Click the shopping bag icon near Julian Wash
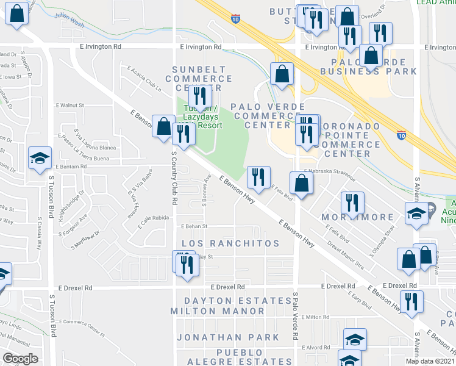pyautogui.click(x=17, y=14)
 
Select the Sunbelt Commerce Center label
pyautogui.click(x=198, y=78)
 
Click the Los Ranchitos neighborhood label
pyautogui.click(x=231, y=243)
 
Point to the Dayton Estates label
pyautogui.click(x=238, y=301)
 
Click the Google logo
pyautogui.click(x=20, y=359)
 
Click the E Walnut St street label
pyautogui.click(x=70, y=105)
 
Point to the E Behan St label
pyautogui.click(x=194, y=226)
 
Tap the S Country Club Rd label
pyautogui.click(x=174, y=185)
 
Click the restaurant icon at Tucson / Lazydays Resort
pyautogui.click(x=199, y=96)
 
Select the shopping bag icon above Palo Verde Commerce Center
pyautogui.click(x=281, y=74)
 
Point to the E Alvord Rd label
pyautogui.click(x=316, y=347)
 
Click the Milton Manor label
pyautogui.click(x=225, y=311)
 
